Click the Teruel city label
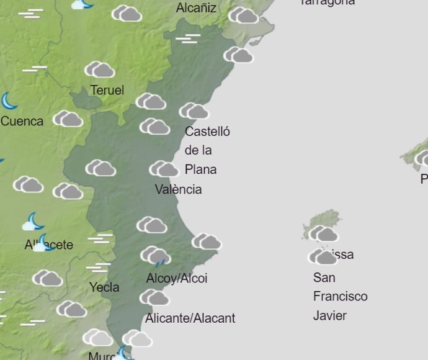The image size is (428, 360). pyautogui.click(x=107, y=91)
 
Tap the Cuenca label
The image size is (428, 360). pyautogui.click(x=22, y=121)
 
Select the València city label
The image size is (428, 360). pyautogui.click(x=178, y=189)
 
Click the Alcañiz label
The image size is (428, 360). pyautogui.click(x=196, y=8)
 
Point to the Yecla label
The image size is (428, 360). pyautogui.click(x=104, y=287)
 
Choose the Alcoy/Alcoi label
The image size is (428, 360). pyautogui.click(x=177, y=278)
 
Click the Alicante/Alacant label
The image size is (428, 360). pyautogui.click(x=190, y=318)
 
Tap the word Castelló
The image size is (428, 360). pyautogui.click(x=207, y=132)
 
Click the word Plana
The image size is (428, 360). pyautogui.click(x=200, y=169)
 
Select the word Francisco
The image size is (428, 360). pyautogui.click(x=340, y=297)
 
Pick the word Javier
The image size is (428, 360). pyautogui.click(x=329, y=315)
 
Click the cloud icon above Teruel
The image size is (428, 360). pyautogui.click(x=100, y=70)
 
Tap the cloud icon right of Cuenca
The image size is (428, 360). pyautogui.click(x=68, y=119)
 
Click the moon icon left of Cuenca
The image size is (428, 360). pyautogui.click(x=8, y=101)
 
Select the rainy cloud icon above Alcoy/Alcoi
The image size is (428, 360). pyautogui.click(x=155, y=255)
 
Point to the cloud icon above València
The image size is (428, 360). pyautogui.click(x=164, y=169)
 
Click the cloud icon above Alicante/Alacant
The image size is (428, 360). pyautogui.click(x=154, y=298)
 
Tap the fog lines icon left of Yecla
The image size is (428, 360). pyautogui.click(x=98, y=268)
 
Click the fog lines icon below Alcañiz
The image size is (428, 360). pyautogui.click(x=187, y=38)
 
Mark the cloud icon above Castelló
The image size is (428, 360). pyautogui.click(x=194, y=111)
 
